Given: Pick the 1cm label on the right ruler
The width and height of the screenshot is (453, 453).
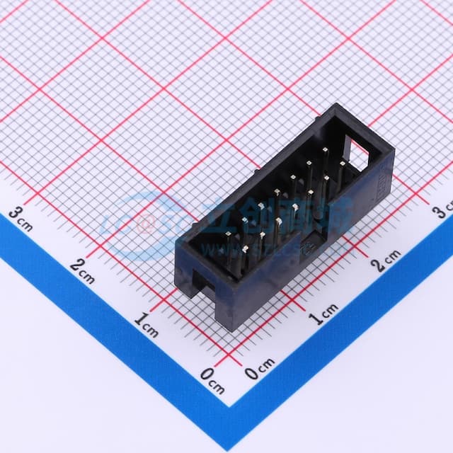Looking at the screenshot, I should [325, 311].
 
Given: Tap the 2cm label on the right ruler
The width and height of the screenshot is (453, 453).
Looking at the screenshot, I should [386, 259].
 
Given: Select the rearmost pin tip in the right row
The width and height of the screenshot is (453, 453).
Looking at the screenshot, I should [342, 164].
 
